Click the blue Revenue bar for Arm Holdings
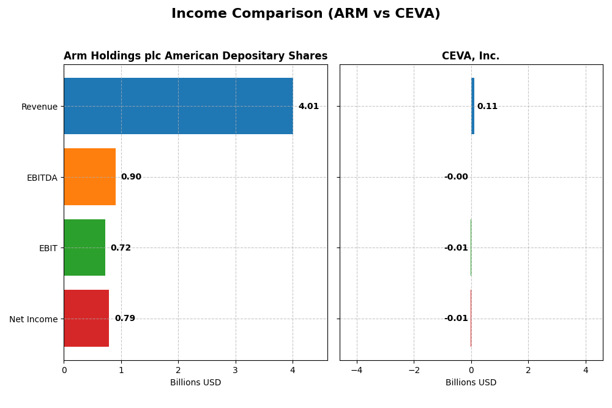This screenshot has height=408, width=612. [x=178, y=106]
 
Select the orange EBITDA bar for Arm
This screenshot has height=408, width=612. [x=89, y=177]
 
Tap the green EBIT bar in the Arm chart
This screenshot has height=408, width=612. [x=84, y=247]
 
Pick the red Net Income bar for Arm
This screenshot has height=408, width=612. [x=86, y=319]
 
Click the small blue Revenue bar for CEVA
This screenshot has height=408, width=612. [x=472, y=106]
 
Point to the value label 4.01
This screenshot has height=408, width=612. [x=308, y=107]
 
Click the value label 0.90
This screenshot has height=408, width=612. [x=131, y=177]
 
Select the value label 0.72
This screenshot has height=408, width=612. [x=121, y=248]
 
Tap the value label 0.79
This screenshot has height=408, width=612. [x=125, y=319]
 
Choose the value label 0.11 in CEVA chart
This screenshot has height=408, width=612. [x=487, y=107]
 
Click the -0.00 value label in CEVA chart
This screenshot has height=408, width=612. [x=456, y=177]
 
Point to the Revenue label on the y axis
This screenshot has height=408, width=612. [x=39, y=107]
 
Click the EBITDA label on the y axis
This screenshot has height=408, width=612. [x=42, y=178]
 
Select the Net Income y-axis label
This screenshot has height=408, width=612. [x=33, y=319]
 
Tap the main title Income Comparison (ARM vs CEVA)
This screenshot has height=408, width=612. [x=306, y=14]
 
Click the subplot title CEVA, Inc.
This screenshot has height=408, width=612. [x=471, y=56]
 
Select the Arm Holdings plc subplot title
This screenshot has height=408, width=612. [x=195, y=56]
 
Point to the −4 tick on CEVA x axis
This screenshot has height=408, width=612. [x=357, y=370]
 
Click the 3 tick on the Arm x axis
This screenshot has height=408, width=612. [x=236, y=370]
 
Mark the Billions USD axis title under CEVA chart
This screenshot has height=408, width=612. [x=471, y=383]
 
